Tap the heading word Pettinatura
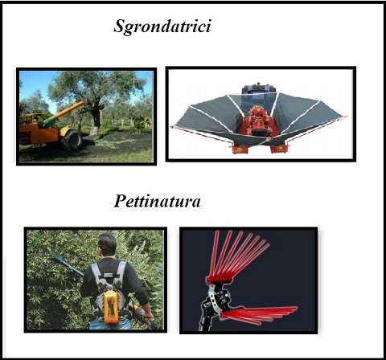click(x=158, y=202)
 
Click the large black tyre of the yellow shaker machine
click(x=72, y=139)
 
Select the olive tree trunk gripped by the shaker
click(x=96, y=119)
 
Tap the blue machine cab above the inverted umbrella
click(x=259, y=89)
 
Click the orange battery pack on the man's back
click(x=111, y=306)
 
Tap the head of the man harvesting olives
click(x=107, y=244)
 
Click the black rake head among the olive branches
click(x=58, y=259)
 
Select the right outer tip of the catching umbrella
click(x=345, y=117)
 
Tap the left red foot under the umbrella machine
click(x=239, y=149)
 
